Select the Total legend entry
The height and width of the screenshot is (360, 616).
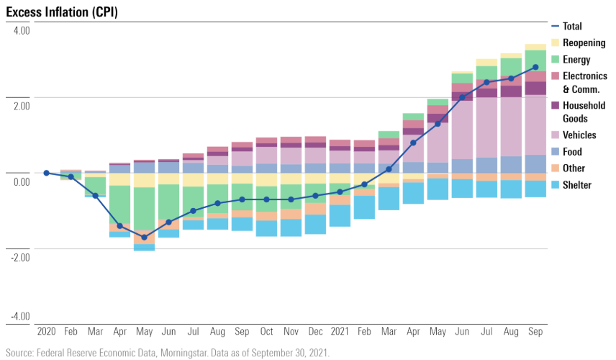[572, 27]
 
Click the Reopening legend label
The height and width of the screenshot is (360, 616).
[584, 43]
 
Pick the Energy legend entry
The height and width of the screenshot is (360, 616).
[576, 60]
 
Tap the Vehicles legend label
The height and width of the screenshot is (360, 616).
[579, 135]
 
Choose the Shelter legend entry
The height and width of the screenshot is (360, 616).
[576, 185]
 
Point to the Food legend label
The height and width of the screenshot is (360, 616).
[572, 152]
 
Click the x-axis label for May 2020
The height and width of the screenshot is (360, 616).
[144, 333]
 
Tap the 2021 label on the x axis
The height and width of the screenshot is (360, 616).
[340, 333]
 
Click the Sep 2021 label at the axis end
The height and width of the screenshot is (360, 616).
[535, 333]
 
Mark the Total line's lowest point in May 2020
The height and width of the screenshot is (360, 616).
[144, 237]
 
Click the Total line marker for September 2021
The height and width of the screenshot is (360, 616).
[535, 68]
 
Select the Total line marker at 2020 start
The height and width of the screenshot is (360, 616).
[46, 173]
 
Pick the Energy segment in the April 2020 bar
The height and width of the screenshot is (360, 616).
[119, 205]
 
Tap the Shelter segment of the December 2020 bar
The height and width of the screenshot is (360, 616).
[315, 224]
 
